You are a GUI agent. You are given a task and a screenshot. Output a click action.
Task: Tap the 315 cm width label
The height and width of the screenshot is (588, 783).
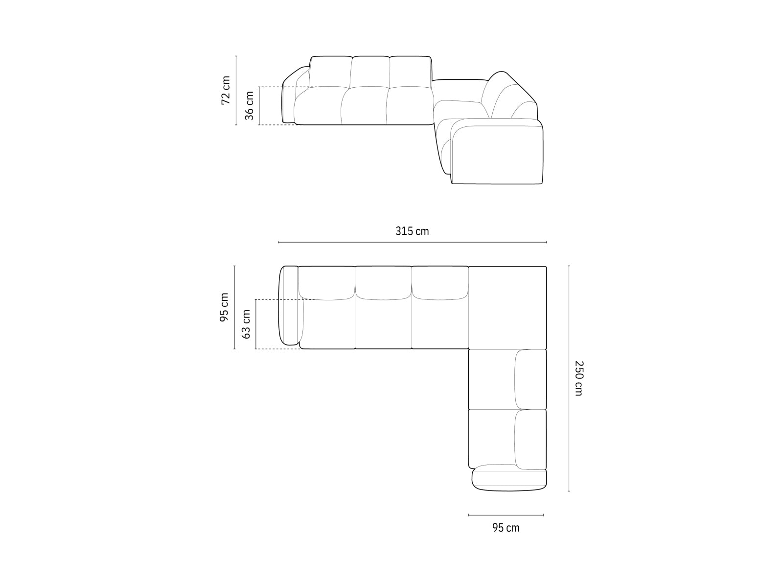(x=412, y=231)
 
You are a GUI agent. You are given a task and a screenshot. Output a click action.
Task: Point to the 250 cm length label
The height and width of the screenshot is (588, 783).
(x=578, y=378)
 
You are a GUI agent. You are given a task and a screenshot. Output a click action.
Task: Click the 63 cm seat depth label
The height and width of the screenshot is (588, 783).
(x=247, y=324)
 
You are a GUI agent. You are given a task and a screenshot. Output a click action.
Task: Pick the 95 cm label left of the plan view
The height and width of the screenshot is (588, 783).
(x=224, y=307)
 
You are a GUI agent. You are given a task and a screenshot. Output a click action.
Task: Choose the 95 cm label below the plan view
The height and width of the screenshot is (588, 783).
(x=506, y=528)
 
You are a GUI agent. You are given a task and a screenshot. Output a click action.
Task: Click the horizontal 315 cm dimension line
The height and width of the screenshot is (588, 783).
(x=412, y=242)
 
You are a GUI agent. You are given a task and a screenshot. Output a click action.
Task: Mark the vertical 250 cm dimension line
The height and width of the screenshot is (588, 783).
(x=569, y=378)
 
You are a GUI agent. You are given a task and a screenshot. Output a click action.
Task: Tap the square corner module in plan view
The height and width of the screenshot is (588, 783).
(x=507, y=307)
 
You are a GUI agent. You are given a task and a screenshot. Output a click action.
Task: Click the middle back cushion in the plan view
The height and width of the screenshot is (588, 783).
(x=383, y=283)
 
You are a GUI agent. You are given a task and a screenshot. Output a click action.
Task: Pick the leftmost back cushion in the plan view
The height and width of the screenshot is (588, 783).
(x=326, y=283)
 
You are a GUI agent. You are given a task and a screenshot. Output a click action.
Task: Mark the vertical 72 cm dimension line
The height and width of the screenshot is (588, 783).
(x=236, y=90)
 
